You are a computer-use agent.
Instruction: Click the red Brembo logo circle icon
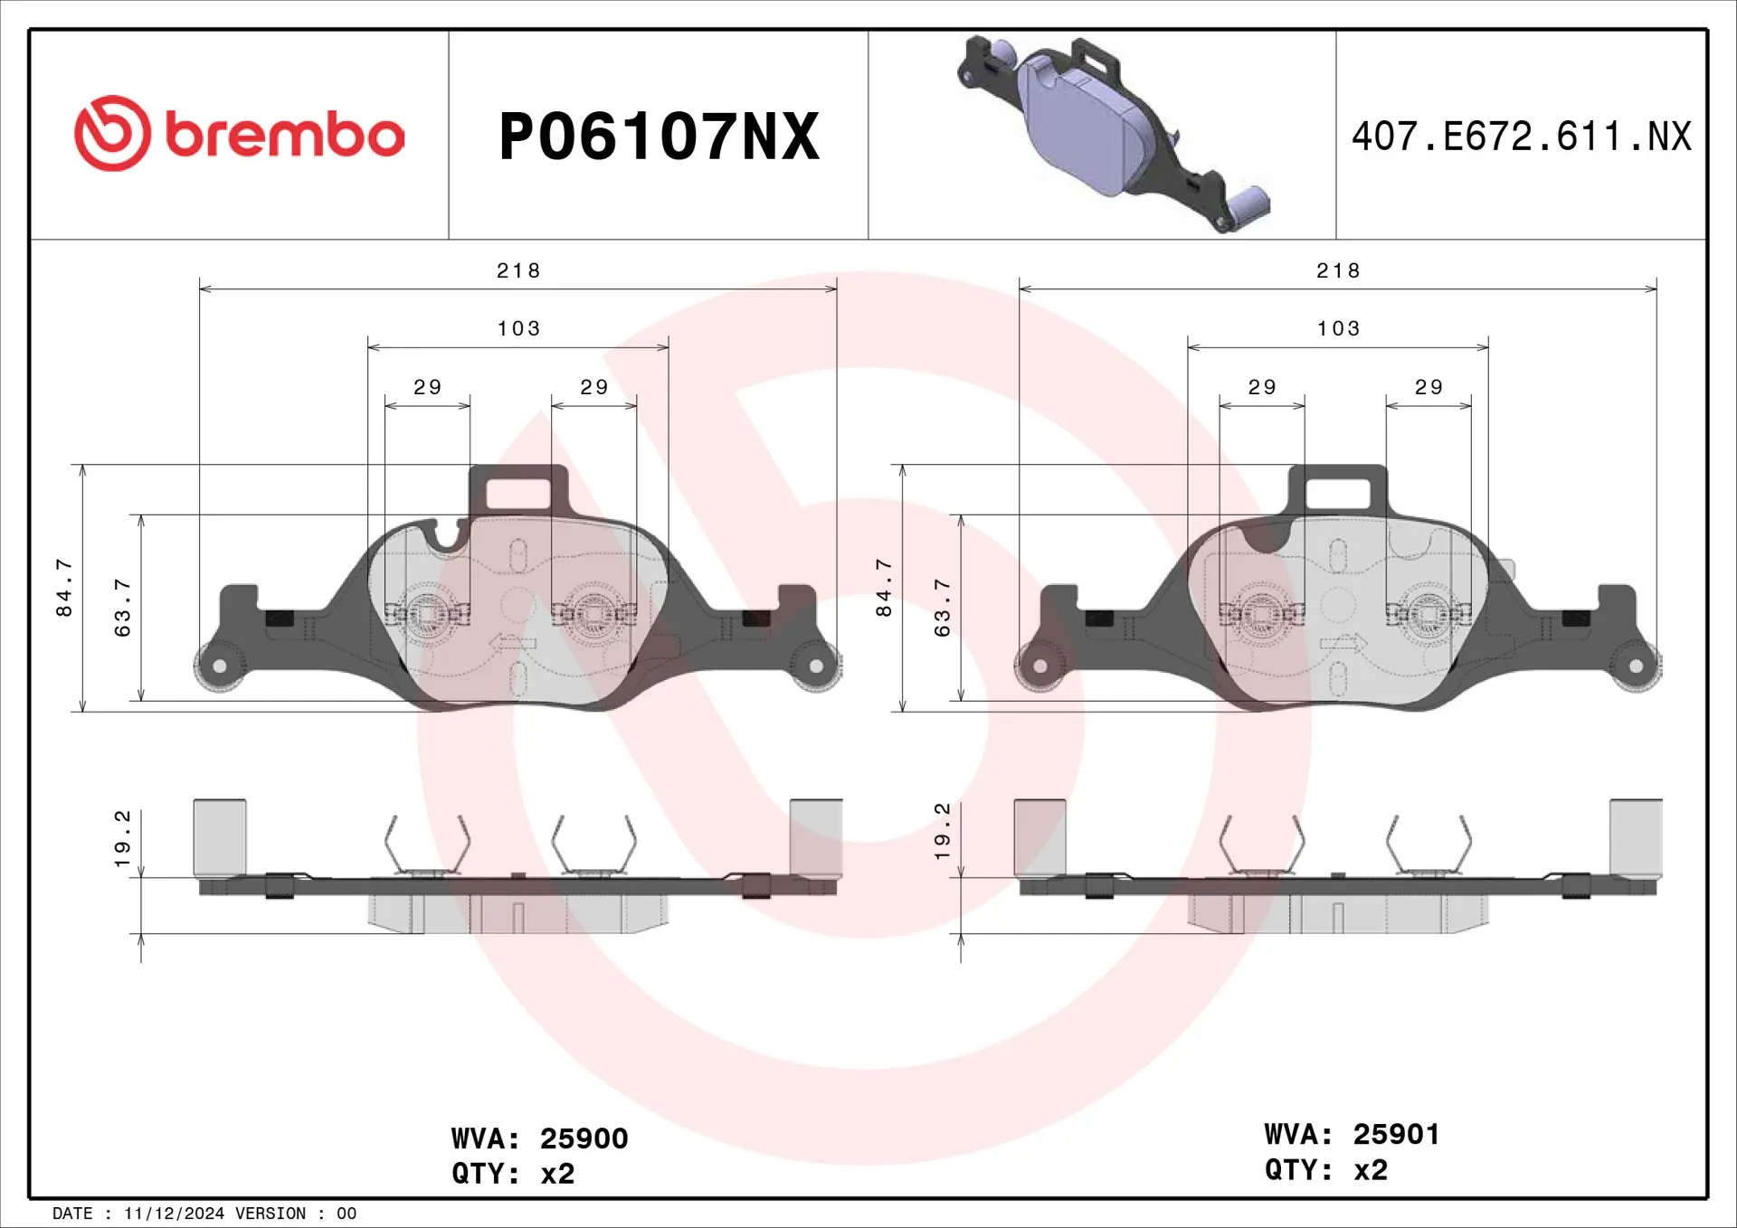pos(112,133)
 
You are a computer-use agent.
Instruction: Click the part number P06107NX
pos(660,137)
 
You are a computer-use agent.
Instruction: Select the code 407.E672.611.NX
pos(1521,137)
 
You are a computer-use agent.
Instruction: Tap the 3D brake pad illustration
pos(1114,133)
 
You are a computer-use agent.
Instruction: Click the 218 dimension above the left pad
pos(518,270)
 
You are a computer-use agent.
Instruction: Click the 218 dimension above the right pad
pos(1338,270)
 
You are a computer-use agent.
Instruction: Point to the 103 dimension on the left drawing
pos(518,328)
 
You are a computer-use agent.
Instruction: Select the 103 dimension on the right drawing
pos(1338,328)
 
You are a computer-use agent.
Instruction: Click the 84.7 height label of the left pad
pos(63,588)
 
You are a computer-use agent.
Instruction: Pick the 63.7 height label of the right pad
pos(942,608)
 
